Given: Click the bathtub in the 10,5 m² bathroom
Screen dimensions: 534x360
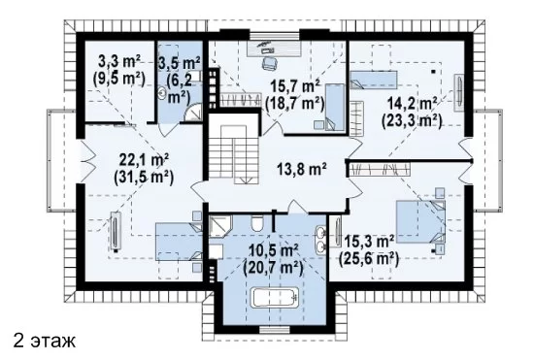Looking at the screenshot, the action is (x=275, y=297).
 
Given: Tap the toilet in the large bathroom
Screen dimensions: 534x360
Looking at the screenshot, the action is (x=256, y=223).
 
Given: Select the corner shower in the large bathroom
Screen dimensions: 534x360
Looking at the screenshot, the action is (x=220, y=226).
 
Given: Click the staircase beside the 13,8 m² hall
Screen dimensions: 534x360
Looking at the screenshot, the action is (x=233, y=154).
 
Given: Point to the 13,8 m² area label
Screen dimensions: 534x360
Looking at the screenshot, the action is (x=301, y=169).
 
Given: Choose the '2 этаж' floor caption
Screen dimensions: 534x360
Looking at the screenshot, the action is (x=45, y=342).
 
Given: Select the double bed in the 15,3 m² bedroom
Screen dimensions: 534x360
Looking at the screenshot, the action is (x=421, y=221).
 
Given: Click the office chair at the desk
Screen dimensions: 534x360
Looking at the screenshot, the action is (x=269, y=63).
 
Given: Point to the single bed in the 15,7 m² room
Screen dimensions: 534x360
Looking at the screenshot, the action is (x=335, y=107).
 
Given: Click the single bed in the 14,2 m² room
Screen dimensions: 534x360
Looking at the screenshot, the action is (x=374, y=80).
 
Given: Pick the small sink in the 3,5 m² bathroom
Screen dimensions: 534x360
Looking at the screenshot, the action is (x=162, y=92).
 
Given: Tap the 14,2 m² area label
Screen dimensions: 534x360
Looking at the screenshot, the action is (x=412, y=104).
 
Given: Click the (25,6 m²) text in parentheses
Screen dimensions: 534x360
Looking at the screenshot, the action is (x=369, y=260).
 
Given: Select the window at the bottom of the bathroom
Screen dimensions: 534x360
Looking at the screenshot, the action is (x=275, y=329).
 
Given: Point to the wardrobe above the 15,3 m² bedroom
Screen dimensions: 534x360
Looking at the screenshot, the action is (x=380, y=169).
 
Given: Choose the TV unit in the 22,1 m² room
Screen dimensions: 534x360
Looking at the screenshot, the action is (x=117, y=232).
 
